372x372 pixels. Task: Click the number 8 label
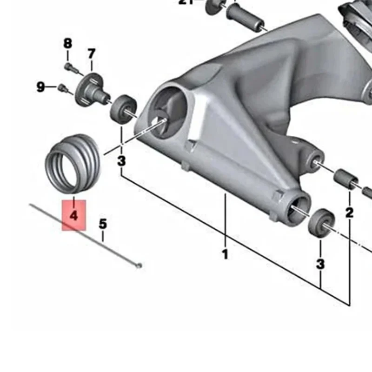(x=68, y=44)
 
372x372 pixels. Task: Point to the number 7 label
(x=91, y=53)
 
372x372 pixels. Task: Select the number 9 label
(x=41, y=86)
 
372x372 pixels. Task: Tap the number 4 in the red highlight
(x=73, y=216)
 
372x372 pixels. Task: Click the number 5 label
(x=103, y=224)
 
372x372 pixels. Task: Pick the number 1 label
(x=225, y=254)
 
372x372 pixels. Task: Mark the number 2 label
(x=349, y=213)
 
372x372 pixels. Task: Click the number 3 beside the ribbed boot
(x=121, y=161)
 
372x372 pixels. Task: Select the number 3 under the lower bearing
(x=320, y=264)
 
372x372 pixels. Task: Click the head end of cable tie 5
(x=137, y=266)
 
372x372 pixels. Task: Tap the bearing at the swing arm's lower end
(x=321, y=222)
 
